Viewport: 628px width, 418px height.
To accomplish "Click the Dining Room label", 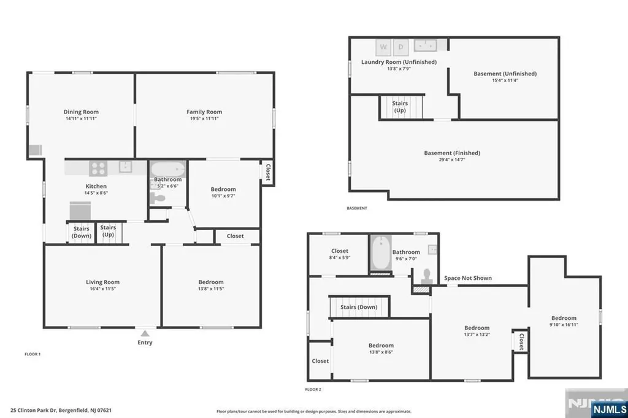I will (81, 112).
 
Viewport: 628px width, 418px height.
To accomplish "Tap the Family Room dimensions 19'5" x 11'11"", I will (204, 118).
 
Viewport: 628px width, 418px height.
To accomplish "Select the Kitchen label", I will (96, 186).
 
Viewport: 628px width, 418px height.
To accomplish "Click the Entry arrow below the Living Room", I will (145, 333).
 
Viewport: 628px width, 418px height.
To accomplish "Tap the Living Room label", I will (102, 282).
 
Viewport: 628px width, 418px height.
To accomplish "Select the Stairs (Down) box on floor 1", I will (82, 232).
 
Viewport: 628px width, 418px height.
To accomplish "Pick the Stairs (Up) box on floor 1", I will (108, 231).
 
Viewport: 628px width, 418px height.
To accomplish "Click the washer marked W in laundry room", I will (384, 46).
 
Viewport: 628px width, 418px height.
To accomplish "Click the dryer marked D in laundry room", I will (401, 46).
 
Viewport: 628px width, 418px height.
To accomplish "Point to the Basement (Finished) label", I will (452, 153).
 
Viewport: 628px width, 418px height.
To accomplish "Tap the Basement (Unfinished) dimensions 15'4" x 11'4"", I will (505, 80).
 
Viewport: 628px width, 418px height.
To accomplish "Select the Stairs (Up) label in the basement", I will (400, 107).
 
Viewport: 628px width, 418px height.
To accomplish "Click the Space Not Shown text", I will (468, 278).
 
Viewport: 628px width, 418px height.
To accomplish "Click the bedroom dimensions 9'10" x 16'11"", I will (563, 325).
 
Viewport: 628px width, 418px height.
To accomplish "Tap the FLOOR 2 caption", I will (313, 389).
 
